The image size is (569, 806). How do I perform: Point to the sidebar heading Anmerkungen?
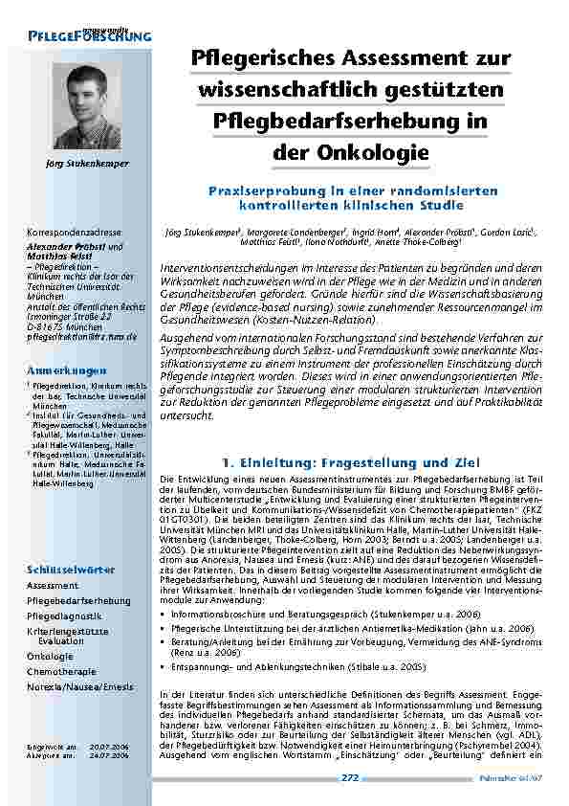point(68,369)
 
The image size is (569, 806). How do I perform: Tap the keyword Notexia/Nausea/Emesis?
point(79,687)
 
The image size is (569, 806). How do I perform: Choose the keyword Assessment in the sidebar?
point(53,585)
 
